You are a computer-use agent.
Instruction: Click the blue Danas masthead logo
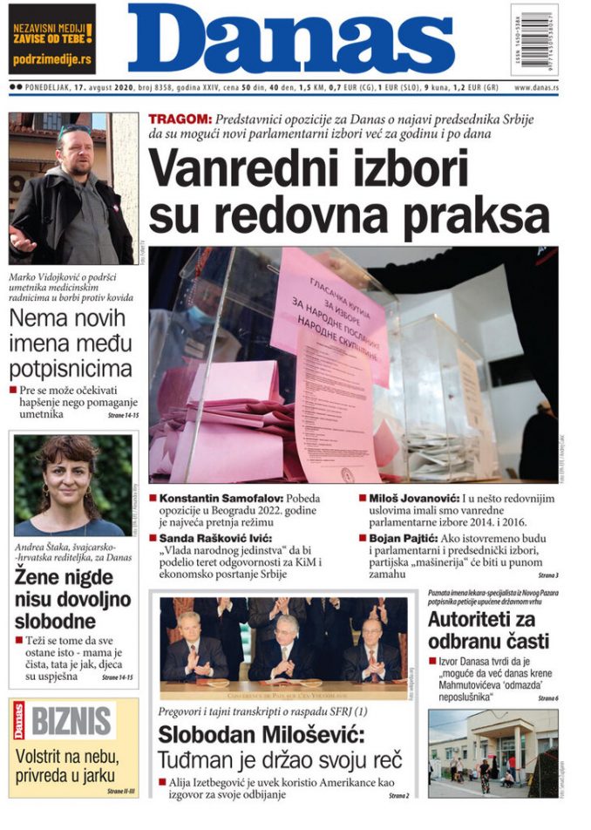pyautogui.click(x=291, y=39)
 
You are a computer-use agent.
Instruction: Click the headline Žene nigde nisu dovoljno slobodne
pyautogui.click(x=72, y=599)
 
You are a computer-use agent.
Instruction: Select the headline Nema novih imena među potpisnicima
pyautogui.click(x=71, y=342)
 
